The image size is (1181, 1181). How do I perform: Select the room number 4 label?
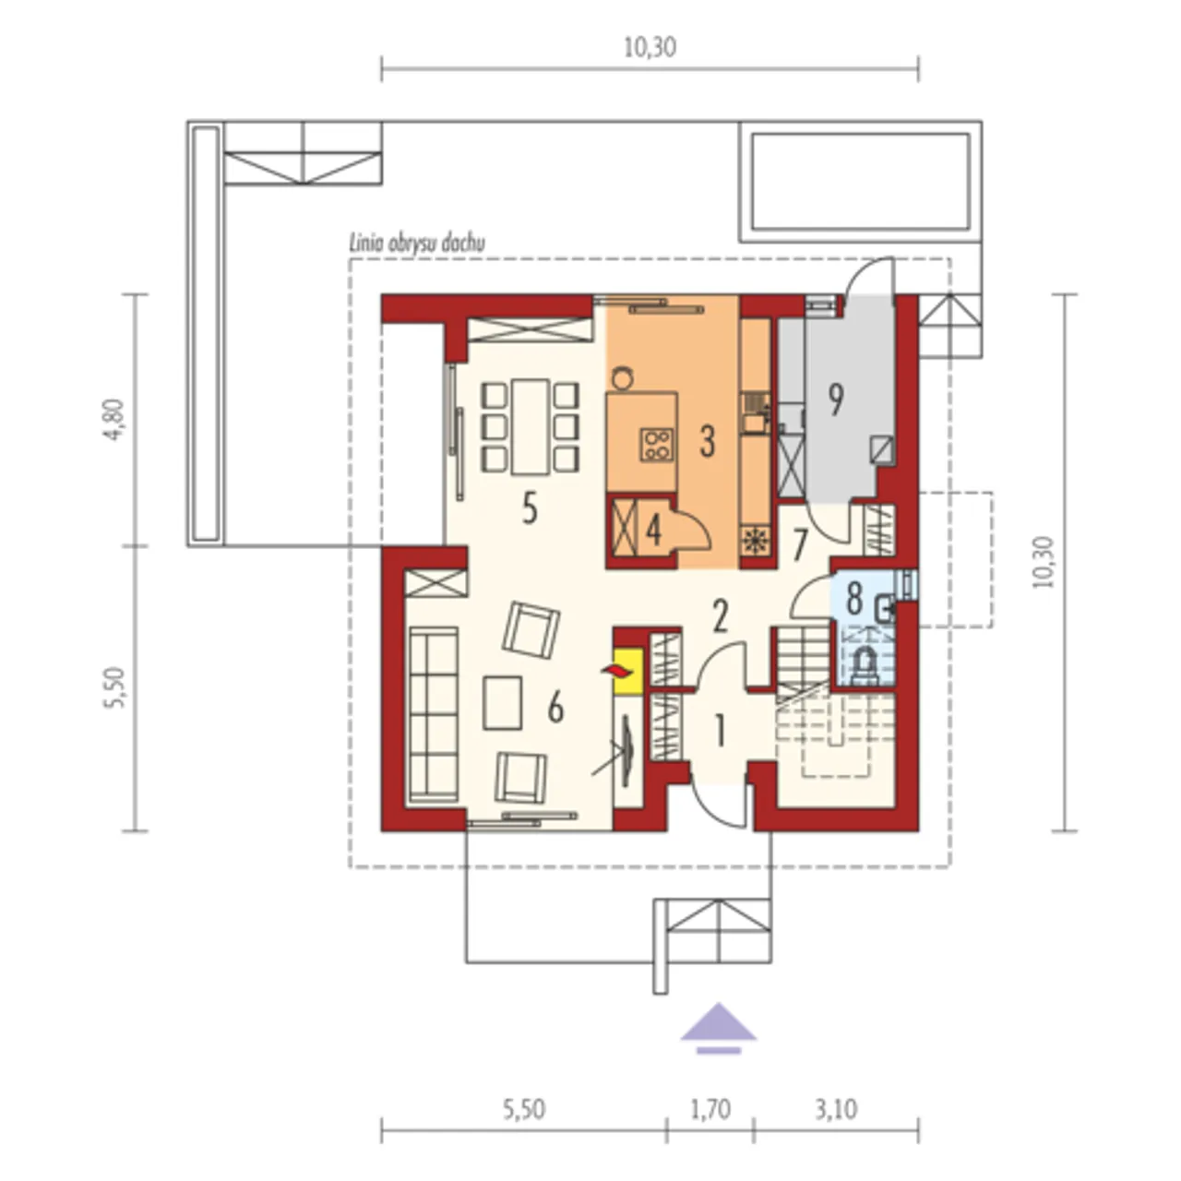tap(654, 531)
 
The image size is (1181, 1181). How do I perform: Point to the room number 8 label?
tap(854, 598)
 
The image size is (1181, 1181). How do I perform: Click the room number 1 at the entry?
tap(721, 731)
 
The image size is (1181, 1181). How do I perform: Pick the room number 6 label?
tap(555, 709)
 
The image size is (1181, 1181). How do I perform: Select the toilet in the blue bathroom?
tap(865, 665)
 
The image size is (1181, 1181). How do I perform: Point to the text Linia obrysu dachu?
tap(417, 244)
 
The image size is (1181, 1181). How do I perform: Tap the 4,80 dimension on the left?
tap(115, 421)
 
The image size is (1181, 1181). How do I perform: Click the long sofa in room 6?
tap(434, 714)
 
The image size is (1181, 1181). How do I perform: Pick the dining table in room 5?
tap(531, 427)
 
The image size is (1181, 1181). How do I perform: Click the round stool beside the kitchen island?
tap(623, 377)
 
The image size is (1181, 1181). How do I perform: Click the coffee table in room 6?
tap(503, 703)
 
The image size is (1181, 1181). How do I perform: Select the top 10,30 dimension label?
tap(650, 48)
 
